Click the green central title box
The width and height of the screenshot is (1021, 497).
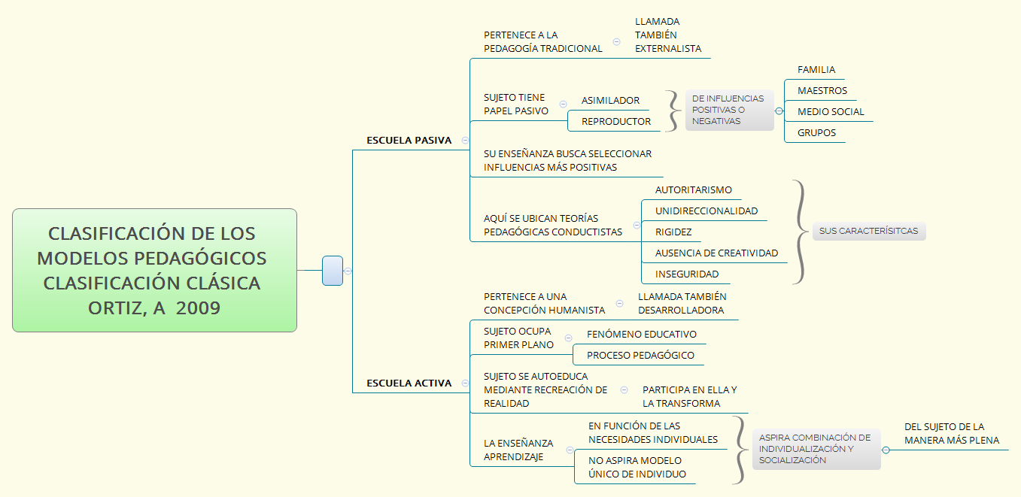(154, 270)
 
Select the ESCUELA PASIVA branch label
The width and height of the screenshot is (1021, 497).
(409, 140)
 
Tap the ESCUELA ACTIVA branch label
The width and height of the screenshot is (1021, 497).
(409, 383)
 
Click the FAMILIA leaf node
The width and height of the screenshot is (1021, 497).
(816, 69)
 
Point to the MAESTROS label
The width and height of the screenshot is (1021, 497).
(822, 90)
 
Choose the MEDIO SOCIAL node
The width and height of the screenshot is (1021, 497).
(831, 111)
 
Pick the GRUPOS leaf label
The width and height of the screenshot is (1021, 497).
(816, 132)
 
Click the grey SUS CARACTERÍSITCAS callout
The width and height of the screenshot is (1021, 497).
(868, 231)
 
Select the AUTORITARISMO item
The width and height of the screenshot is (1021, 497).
(693, 189)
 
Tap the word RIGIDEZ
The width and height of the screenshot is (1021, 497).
(673, 232)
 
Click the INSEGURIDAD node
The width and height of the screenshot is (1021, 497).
(687, 274)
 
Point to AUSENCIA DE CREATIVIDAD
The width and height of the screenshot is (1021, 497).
(716, 253)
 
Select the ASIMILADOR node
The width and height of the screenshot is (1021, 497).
(610, 100)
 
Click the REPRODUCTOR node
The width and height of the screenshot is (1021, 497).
(616, 121)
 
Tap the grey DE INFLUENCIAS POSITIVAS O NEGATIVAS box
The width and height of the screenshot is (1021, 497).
(728, 110)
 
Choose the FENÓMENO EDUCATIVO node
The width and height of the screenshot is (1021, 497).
(642, 334)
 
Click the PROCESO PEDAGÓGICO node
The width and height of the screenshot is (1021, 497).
(640, 355)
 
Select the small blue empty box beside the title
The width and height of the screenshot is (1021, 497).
(333, 271)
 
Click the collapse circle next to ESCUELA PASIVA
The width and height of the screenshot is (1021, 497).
(465, 140)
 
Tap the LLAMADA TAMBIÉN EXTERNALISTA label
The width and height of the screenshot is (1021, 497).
(667, 35)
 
